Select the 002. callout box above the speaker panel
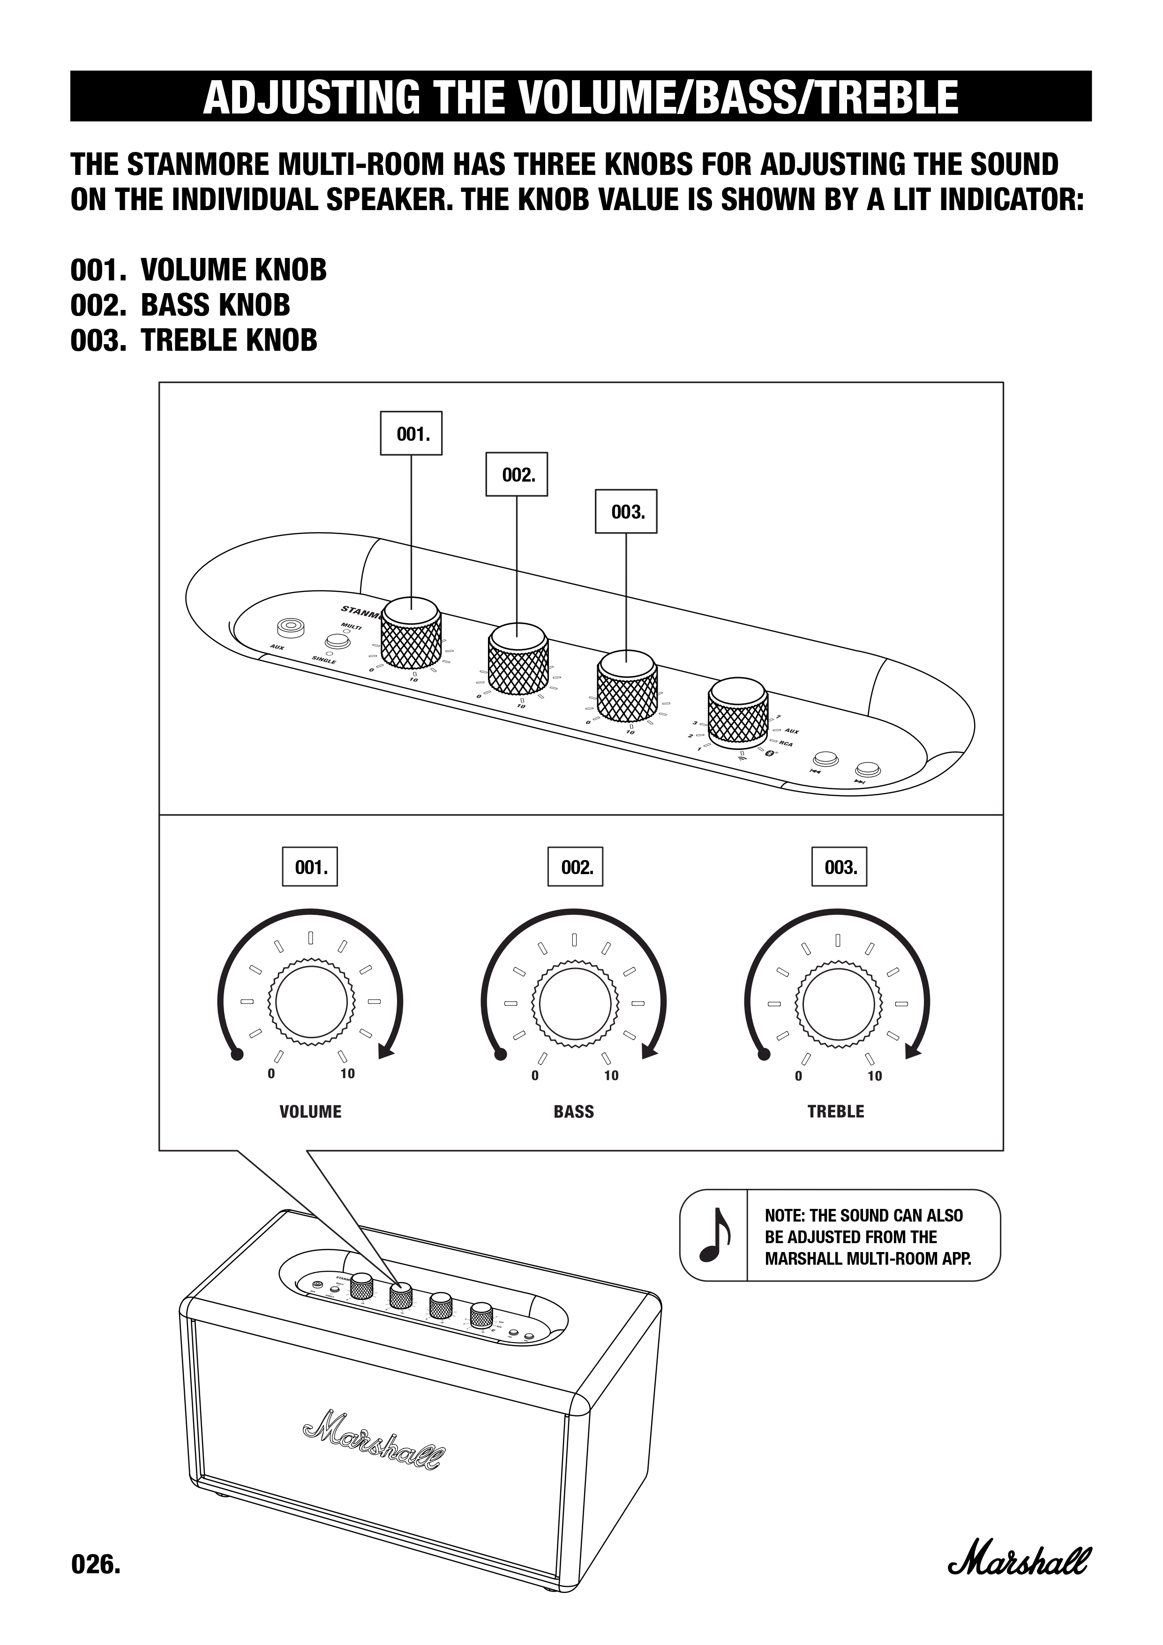(x=516, y=474)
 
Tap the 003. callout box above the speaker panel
(x=626, y=512)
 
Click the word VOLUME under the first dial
(x=310, y=1111)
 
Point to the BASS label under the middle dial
(x=574, y=1111)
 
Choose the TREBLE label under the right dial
(x=836, y=1111)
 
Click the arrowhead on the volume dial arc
(x=386, y=1051)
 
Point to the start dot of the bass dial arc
(x=501, y=1053)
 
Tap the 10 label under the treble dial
(x=874, y=1076)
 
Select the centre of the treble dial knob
(x=838, y=1002)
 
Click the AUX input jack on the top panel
(x=291, y=627)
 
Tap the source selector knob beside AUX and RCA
(x=738, y=711)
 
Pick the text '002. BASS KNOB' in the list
(x=180, y=305)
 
